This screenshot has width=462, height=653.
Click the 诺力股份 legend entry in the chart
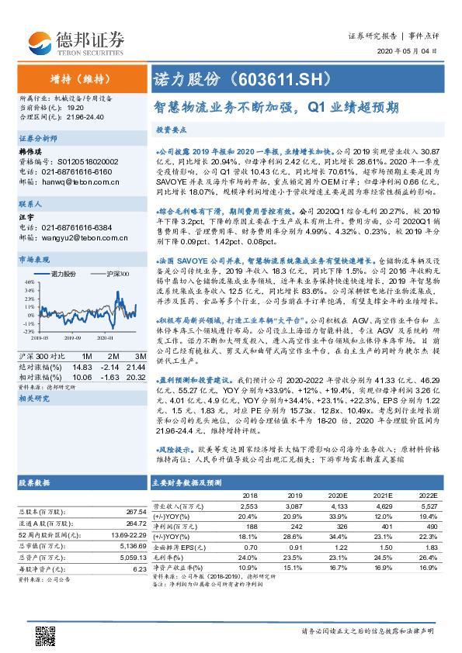coord(61,275)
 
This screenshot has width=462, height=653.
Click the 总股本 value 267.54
coord(134,512)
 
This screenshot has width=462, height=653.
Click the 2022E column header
coord(425,494)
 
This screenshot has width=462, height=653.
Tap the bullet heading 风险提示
coord(175,449)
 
